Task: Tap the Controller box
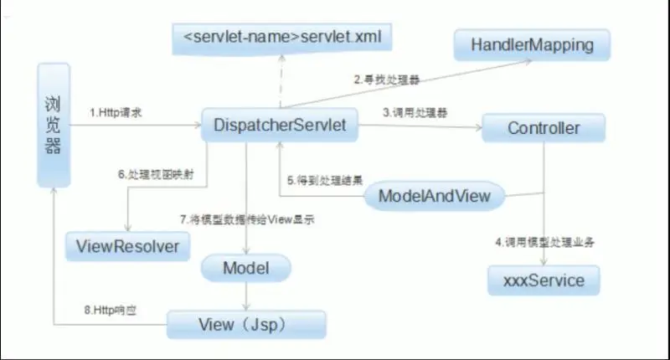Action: pyautogui.click(x=544, y=128)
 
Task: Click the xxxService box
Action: pyautogui.click(x=544, y=280)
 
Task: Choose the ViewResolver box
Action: pyautogui.click(x=127, y=246)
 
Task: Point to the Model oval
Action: pyautogui.click(x=245, y=268)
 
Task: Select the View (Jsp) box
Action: pyautogui.click(x=245, y=324)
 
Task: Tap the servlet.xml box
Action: pyautogui.click(x=281, y=36)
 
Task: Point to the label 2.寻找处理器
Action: pyautogui.click(x=386, y=80)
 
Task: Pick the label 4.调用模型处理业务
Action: pyautogui.click(x=549, y=242)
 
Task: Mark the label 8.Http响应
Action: pyautogui.click(x=111, y=310)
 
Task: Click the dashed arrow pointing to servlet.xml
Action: pyautogui.click(x=281, y=80)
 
